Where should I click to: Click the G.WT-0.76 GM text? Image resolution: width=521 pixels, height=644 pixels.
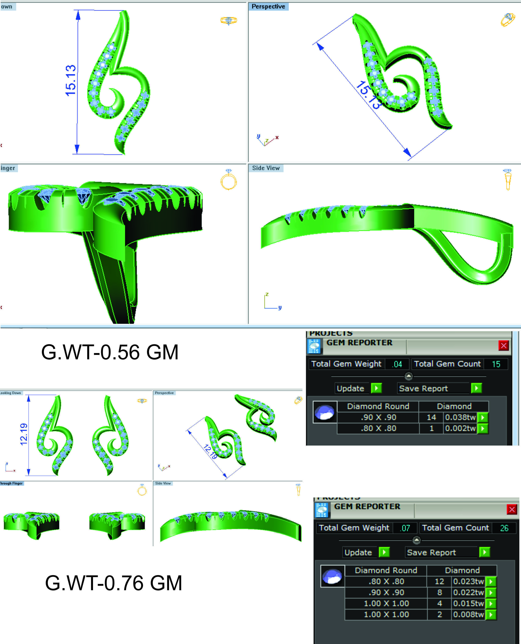click(x=113, y=583)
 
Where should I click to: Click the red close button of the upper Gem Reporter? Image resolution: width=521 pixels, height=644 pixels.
click(x=503, y=345)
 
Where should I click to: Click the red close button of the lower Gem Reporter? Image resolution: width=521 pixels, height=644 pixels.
click(x=512, y=509)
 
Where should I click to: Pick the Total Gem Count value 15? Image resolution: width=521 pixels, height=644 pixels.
click(x=496, y=364)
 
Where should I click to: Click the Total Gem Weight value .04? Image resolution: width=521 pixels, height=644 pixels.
click(x=397, y=364)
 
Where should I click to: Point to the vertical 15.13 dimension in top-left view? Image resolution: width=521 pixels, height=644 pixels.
click(x=71, y=80)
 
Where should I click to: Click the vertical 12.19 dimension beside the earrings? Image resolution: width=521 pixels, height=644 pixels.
click(x=24, y=434)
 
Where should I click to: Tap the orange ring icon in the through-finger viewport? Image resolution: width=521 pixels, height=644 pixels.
click(x=229, y=180)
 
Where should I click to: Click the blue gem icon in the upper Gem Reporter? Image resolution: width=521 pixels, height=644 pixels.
click(x=325, y=412)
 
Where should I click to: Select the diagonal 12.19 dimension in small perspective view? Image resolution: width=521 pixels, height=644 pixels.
click(x=210, y=452)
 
